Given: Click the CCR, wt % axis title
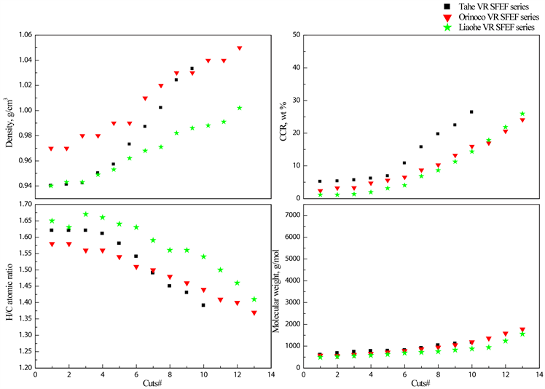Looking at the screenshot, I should pos(278,117).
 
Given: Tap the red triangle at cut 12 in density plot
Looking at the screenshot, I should pos(239,48).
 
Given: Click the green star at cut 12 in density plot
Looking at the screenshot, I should pos(239,108).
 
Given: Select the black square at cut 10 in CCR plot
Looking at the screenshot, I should pos(471,112).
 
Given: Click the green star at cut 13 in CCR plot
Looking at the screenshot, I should pos(522,114).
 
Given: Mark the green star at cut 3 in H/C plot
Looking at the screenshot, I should pos(86,214).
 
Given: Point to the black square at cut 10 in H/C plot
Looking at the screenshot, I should pos(203,305).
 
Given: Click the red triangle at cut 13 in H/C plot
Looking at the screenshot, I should pos(254,313).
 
